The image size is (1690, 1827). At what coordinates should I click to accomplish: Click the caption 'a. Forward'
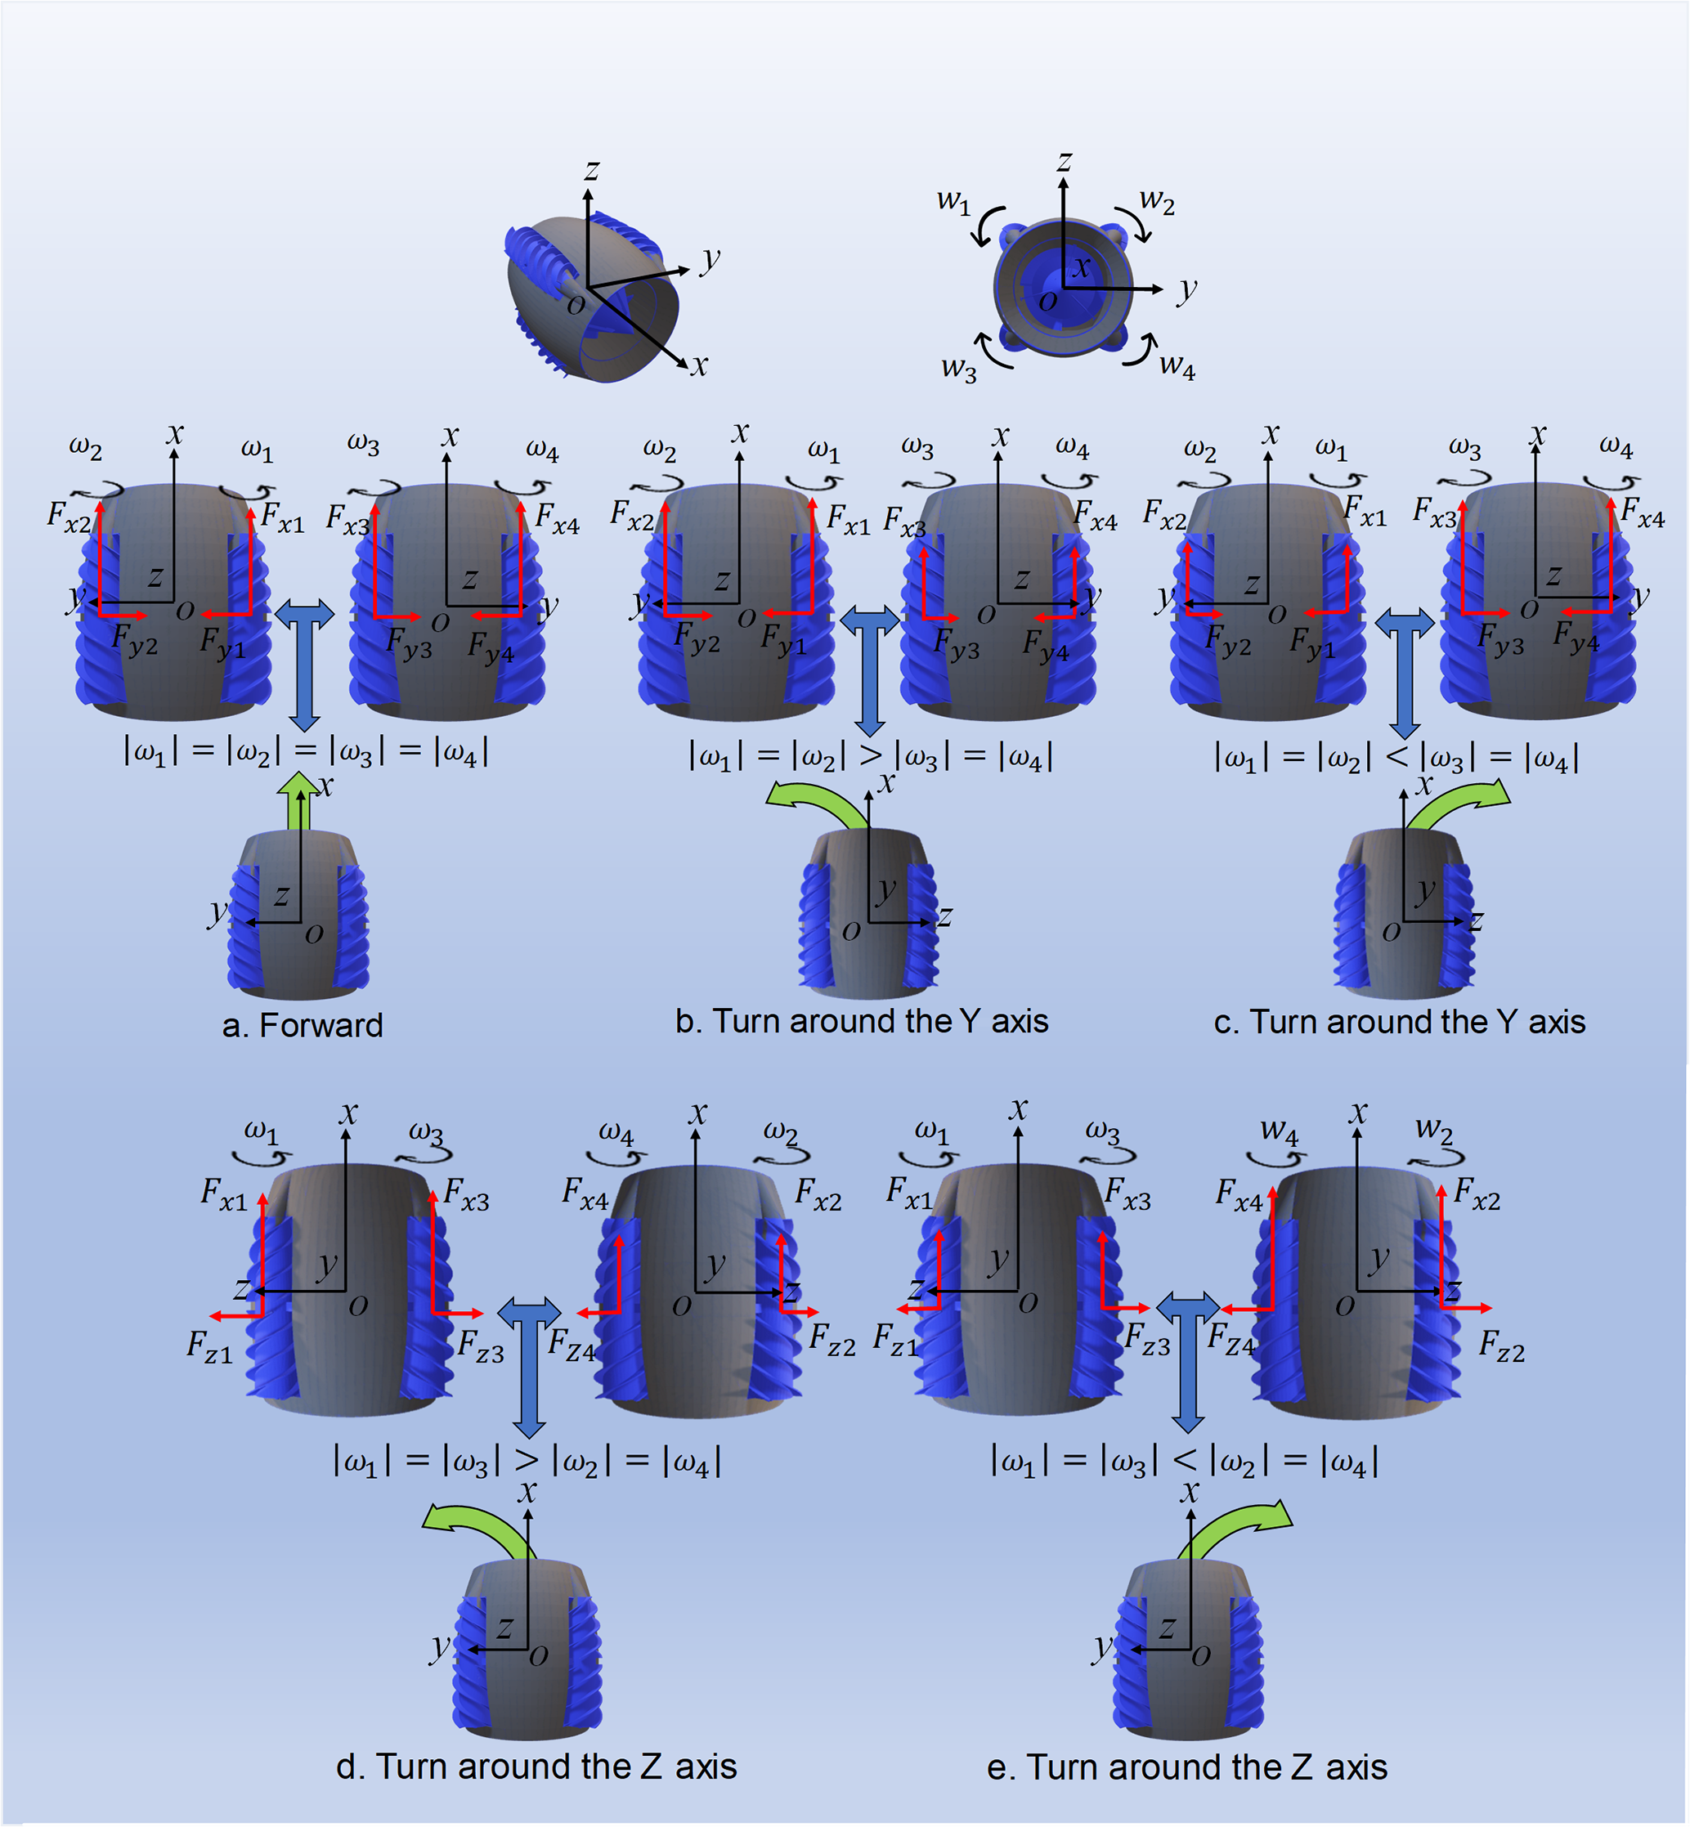pyautogui.click(x=302, y=1025)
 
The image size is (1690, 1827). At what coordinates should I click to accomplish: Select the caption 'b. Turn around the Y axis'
pyautogui.click(x=862, y=1021)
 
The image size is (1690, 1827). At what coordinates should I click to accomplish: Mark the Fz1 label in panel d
pyautogui.click(x=209, y=1346)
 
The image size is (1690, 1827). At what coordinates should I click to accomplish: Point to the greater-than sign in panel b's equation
pyautogui.click(x=871, y=755)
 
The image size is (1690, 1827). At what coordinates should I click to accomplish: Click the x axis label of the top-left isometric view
pyautogui.click(x=700, y=365)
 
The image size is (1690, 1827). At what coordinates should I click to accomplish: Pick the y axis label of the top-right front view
pyautogui.click(x=1187, y=290)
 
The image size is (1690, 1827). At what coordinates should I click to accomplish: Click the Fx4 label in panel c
pyautogui.click(x=1643, y=514)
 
